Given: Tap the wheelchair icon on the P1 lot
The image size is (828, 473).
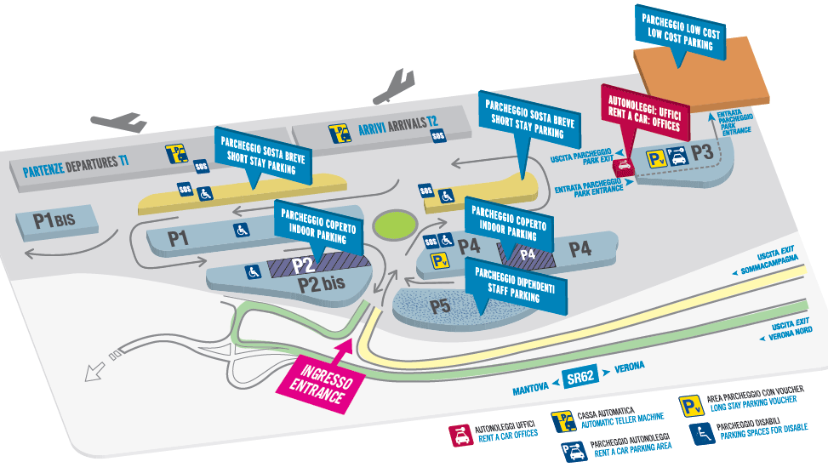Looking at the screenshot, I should click(x=242, y=229).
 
